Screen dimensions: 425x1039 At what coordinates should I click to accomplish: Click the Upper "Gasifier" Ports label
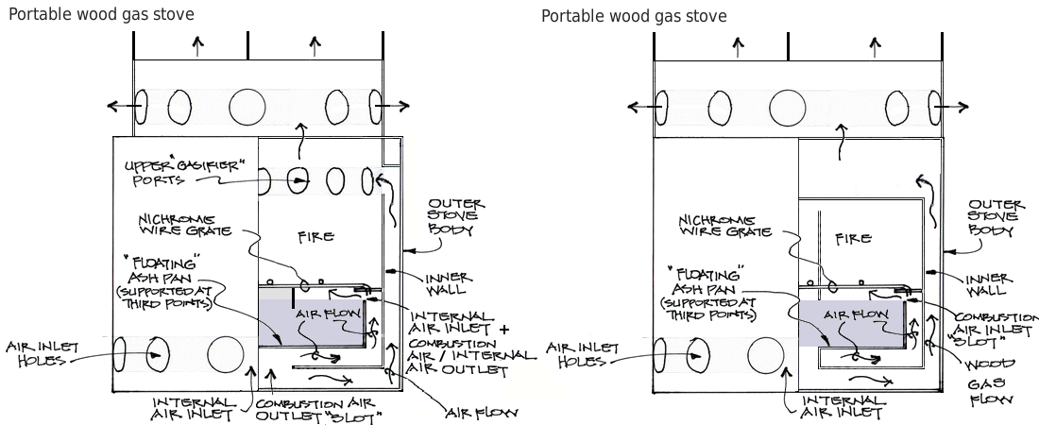coord(184,173)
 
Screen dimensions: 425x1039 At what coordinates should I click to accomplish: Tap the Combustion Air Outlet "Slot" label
coord(319,410)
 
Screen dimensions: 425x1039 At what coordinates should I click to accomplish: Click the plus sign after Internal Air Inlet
coord(503,330)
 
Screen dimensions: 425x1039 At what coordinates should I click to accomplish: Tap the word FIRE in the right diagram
coord(853,238)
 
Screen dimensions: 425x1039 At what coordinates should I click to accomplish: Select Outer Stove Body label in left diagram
coord(456,216)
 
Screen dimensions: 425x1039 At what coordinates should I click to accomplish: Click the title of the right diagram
coord(634,16)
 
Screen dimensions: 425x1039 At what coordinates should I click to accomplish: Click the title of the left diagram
coord(101,14)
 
